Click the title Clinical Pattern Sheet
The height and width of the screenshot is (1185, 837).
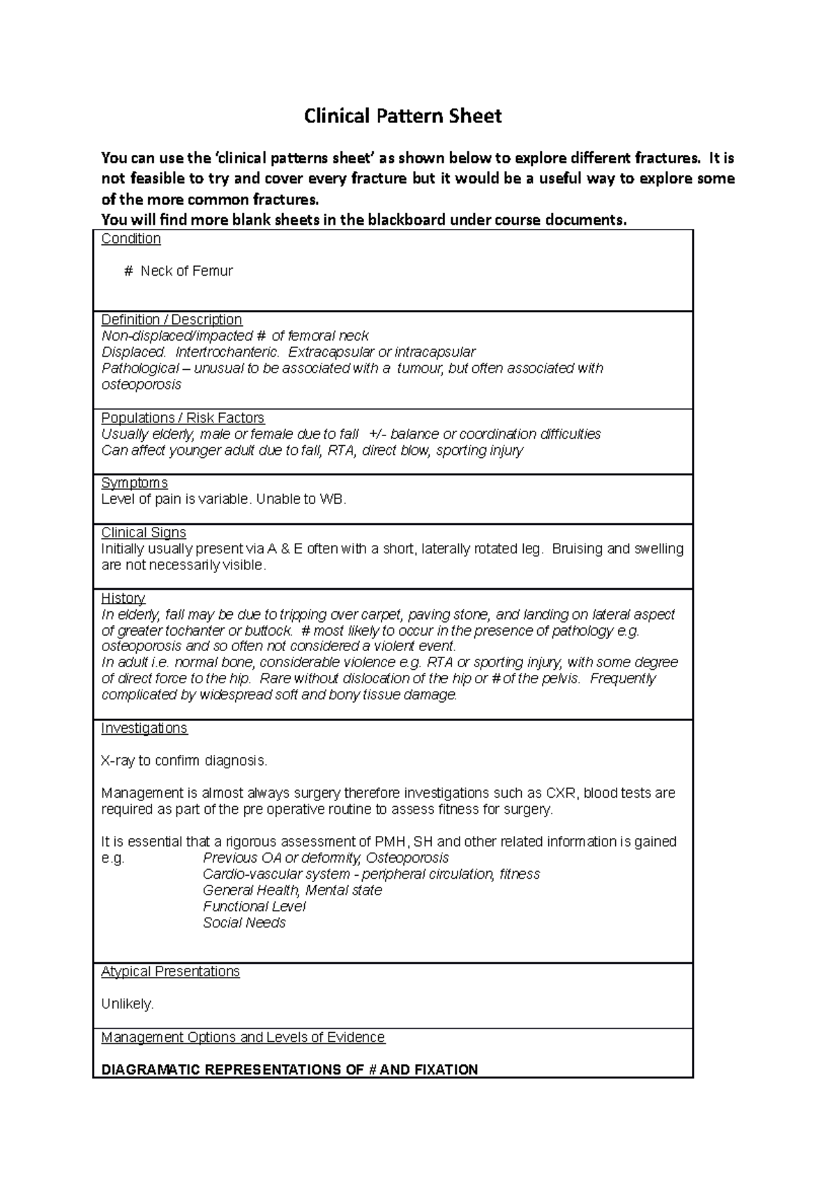402,116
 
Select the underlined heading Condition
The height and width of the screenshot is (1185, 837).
131,239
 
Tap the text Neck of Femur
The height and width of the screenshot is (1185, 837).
186,271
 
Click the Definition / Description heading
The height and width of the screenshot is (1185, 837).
172,320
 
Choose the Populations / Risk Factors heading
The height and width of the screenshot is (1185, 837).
183,417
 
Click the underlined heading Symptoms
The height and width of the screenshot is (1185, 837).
135,483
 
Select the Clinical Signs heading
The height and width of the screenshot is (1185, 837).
144,532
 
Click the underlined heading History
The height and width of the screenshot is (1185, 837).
123,598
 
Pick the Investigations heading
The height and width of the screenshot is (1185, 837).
144,728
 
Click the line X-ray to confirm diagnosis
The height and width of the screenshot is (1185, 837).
184,761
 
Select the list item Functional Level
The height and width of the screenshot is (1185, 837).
254,907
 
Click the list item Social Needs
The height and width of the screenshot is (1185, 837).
244,923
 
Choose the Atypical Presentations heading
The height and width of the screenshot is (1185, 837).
170,971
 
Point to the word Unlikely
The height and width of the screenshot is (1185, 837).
127,1004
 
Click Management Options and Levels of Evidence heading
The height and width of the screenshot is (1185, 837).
243,1037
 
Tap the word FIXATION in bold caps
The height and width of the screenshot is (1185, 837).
444,1070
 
